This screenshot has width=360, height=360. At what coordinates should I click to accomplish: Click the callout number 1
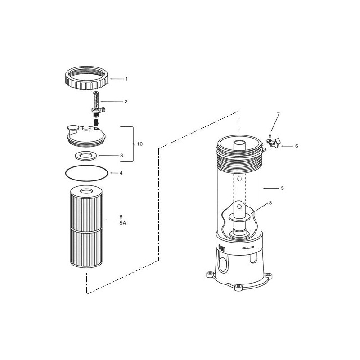126,79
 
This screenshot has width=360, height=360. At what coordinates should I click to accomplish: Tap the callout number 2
126,102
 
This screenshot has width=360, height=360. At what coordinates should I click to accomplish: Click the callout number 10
140,144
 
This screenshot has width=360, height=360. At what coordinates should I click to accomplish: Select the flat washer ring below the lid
86,156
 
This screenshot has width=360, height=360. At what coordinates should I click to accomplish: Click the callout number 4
121,173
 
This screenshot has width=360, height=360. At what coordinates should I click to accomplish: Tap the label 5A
122,223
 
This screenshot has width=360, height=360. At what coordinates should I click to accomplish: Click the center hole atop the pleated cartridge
86,191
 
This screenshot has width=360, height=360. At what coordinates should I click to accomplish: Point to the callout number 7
279,114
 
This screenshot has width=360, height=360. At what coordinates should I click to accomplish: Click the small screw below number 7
270,136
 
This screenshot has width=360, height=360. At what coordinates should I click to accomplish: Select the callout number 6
297,146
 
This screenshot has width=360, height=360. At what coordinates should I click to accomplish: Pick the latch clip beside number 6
274,143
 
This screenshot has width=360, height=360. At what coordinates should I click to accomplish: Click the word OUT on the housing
222,248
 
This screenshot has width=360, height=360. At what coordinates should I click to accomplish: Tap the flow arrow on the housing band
247,248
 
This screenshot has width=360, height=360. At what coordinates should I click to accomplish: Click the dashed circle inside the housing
239,179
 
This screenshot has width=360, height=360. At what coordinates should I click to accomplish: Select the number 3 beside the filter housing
270,203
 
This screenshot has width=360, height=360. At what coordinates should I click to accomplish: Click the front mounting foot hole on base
238,287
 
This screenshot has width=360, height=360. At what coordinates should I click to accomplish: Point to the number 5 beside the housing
282,188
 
